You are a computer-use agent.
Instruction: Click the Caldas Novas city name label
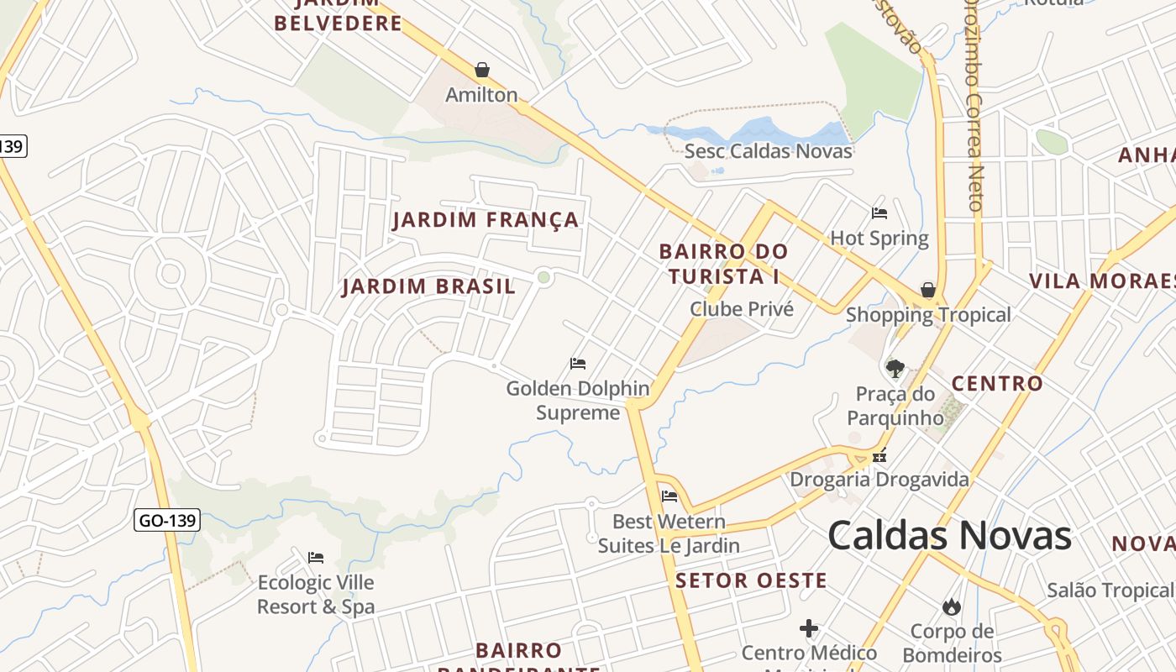click(949, 535)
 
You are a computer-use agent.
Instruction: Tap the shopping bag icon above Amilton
click(482, 70)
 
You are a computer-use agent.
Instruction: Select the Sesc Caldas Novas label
click(768, 151)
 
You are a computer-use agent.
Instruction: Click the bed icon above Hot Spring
click(879, 213)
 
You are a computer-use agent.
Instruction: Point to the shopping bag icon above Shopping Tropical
click(928, 290)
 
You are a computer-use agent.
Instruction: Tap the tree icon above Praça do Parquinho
click(895, 368)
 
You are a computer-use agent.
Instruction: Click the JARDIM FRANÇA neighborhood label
click(486, 220)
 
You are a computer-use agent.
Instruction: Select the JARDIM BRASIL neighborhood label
click(428, 286)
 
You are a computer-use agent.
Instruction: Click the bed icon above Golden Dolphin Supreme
click(578, 364)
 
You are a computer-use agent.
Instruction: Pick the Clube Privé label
click(741, 309)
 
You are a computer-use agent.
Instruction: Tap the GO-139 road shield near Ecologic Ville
click(167, 521)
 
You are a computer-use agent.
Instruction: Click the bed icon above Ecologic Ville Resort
click(316, 558)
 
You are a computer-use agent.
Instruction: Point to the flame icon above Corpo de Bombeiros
click(952, 606)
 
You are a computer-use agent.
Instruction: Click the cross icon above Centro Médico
click(809, 628)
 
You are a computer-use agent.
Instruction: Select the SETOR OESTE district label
click(751, 580)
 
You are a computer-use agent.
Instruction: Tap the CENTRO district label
click(997, 384)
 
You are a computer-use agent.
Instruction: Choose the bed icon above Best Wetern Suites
click(669, 496)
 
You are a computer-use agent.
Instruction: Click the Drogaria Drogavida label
click(879, 480)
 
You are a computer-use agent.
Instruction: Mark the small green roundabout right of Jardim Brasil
click(544, 276)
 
